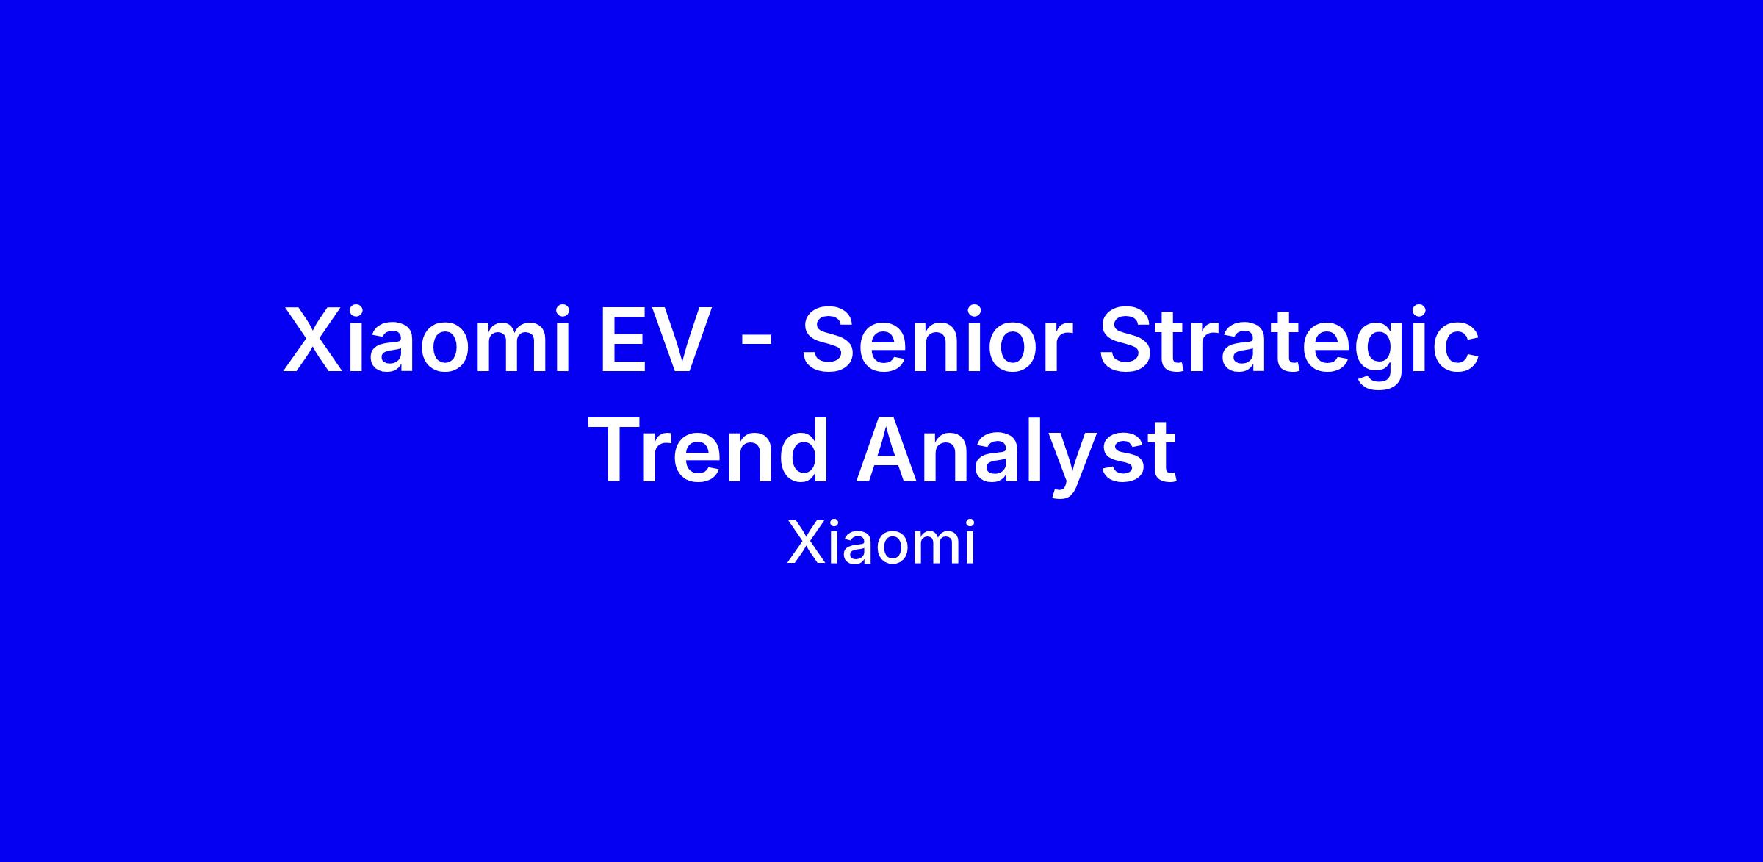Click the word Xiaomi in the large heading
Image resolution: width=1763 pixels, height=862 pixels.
click(427, 339)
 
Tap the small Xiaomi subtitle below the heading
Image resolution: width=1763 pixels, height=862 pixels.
click(881, 544)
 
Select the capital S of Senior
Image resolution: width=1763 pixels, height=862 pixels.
click(829, 340)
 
